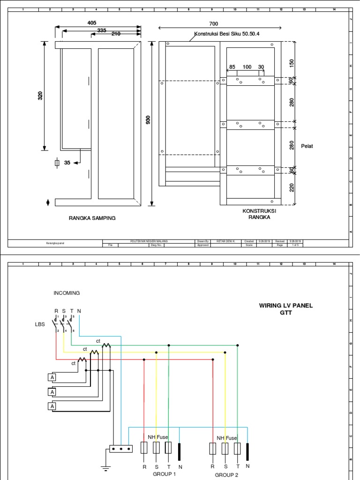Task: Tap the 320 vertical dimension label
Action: pyautogui.click(x=40, y=96)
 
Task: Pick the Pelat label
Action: pyautogui.click(x=307, y=146)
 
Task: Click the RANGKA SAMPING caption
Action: pyautogui.click(x=92, y=218)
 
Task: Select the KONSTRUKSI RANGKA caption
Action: pyautogui.click(x=256, y=214)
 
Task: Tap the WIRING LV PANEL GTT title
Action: pyautogui.click(x=286, y=309)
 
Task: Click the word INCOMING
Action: pyautogui.click(x=67, y=293)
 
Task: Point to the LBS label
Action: pyautogui.click(x=40, y=324)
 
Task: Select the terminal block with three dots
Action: pyautogui.click(x=121, y=449)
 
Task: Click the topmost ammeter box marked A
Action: pyautogui.click(x=52, y=377)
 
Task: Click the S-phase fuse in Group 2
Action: pyautogui.click(x=225, y=449)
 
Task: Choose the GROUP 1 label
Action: pyautogui.click(x=164, y=474)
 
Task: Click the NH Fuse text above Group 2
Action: pyautogui.click(x=227, y=438)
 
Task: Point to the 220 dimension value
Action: pyautogui.click(x=292, y=188)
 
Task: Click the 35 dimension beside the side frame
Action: pyautogui.click(x=67, y=163)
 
